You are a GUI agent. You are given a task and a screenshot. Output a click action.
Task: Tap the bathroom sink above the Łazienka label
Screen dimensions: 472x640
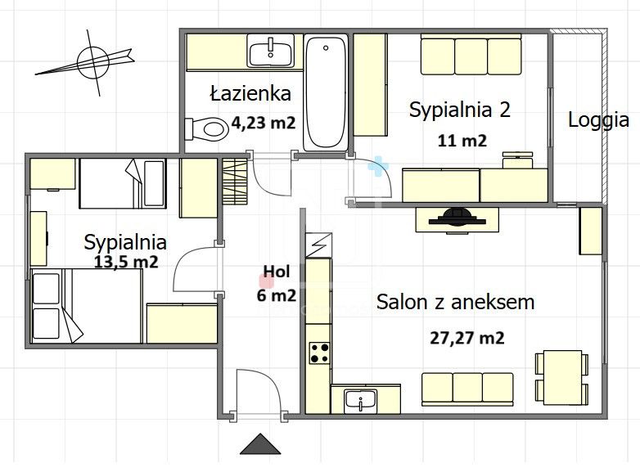click(271, 53)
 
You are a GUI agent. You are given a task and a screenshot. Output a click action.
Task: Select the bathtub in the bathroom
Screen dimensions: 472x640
click(326, 92)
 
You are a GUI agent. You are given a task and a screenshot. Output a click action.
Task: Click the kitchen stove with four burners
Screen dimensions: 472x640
click(319, 353)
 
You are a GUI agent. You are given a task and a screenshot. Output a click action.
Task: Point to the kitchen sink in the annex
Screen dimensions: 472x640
click(359, 401)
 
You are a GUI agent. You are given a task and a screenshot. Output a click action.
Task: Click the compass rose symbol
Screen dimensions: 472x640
click(93, 60)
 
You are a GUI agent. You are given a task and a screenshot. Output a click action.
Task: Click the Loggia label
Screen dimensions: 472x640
click(598, 119)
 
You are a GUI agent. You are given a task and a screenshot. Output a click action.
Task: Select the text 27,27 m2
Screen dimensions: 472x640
click(466, 338)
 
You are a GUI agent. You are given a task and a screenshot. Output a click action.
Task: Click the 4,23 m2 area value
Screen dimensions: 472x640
click(263, 124)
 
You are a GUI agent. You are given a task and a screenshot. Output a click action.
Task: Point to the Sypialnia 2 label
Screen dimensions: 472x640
click(459, 110)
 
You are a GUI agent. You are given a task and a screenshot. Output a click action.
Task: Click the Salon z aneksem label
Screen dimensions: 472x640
click(455, 302)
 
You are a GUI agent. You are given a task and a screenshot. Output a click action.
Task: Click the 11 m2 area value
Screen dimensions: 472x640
click(463, 140)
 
